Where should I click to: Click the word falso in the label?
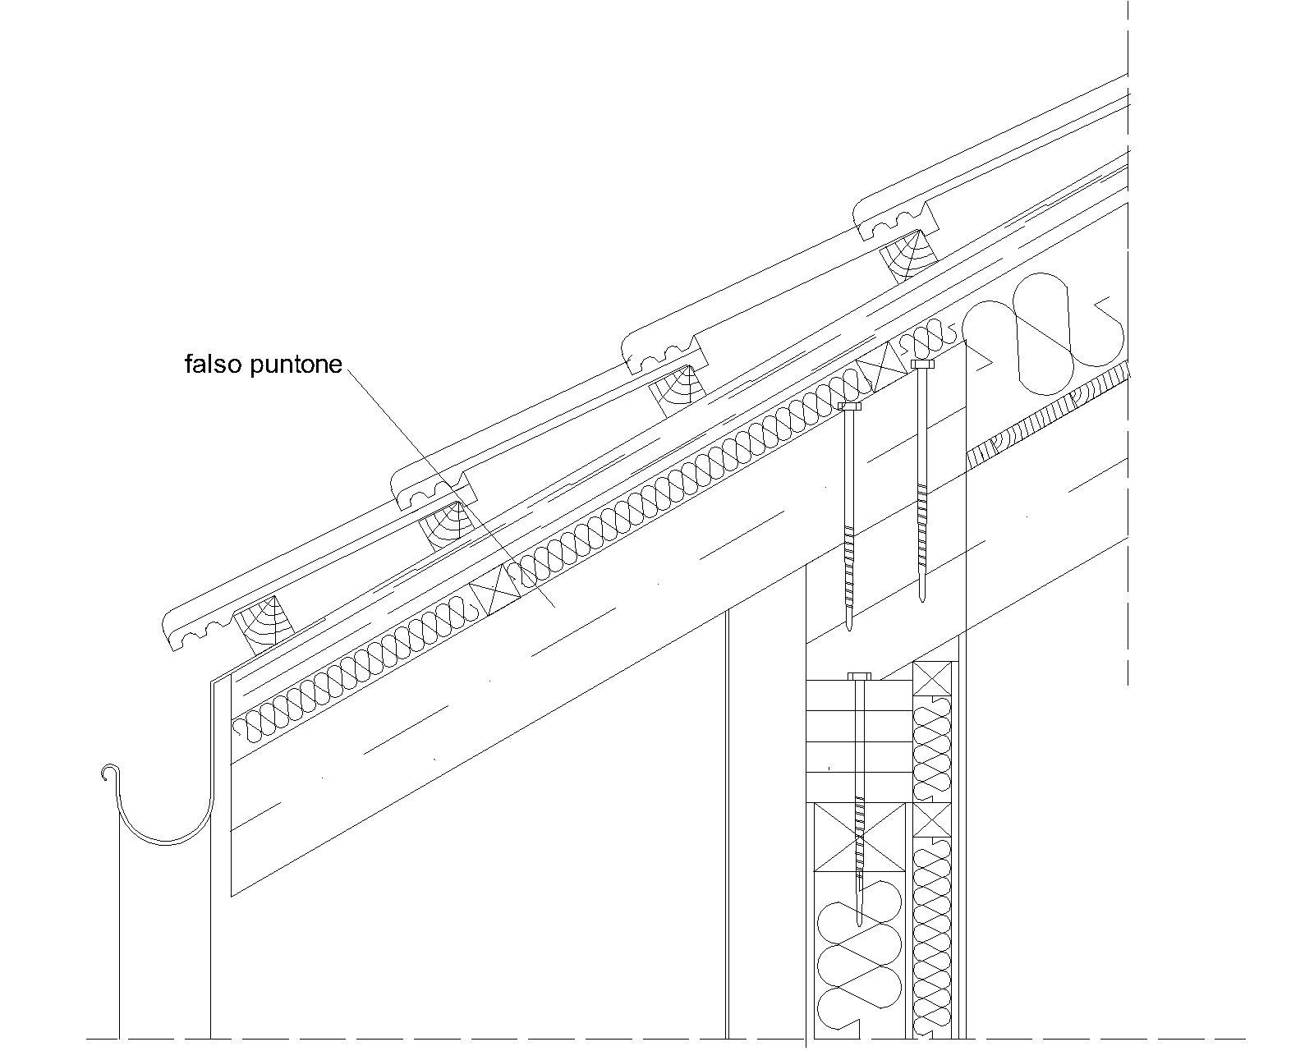214,364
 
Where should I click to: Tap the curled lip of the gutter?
108,773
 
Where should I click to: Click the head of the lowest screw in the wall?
859,676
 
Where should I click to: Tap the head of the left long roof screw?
849,406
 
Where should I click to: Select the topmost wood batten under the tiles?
908,255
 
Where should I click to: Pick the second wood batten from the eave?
450,525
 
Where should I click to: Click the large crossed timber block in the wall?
861,837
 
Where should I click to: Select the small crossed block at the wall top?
932,678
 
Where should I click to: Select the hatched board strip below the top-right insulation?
1047,415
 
